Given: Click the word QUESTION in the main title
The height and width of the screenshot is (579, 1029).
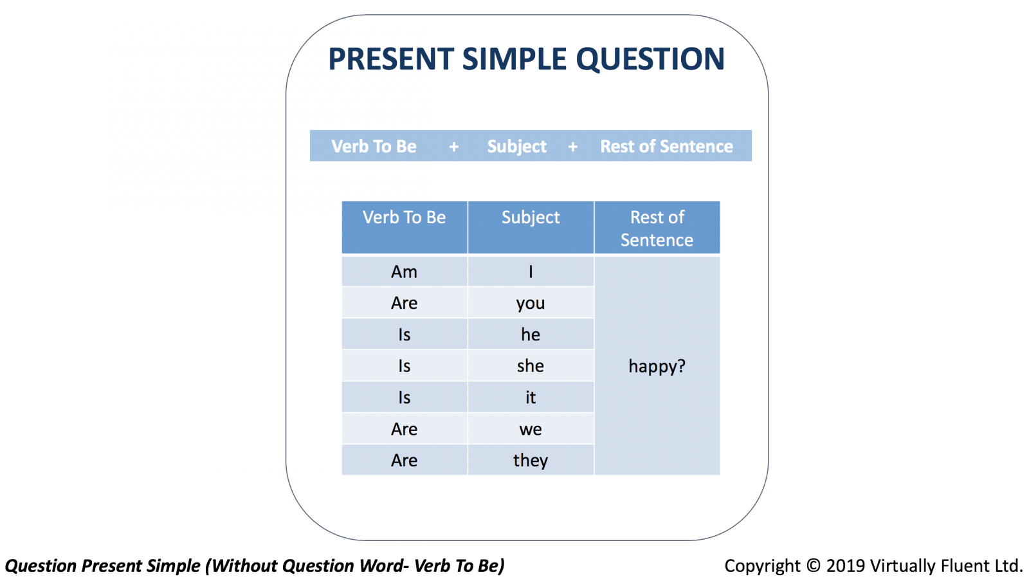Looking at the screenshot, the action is pos(650,59).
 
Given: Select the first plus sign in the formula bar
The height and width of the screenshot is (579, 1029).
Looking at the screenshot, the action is pos(454,147).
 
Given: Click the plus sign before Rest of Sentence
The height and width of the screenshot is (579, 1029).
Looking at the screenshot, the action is pos(573,147).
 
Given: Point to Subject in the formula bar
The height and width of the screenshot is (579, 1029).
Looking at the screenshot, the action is pos(517,147).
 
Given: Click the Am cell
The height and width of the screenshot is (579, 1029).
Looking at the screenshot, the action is pos(405,271).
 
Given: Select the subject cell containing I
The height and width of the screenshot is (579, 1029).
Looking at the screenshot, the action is pos(531,271).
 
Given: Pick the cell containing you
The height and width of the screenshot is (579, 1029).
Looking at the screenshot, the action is pos(531,303).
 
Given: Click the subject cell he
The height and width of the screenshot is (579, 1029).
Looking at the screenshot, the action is pos(531,335).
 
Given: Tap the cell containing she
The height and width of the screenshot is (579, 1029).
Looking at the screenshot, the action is pos(531,366).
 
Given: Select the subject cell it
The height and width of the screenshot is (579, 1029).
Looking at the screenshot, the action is pos(531,397).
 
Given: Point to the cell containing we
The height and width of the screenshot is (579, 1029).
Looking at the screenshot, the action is pos(531,429).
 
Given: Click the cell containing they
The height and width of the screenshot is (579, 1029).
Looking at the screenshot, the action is pos(531,460).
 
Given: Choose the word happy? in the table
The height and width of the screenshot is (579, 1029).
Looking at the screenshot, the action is pos(657,366).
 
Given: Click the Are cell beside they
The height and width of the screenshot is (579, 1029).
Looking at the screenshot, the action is pos(405,460).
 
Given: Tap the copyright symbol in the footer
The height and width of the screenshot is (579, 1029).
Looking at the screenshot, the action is pos(813,565).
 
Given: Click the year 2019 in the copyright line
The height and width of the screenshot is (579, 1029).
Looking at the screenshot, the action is pos(846,565).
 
